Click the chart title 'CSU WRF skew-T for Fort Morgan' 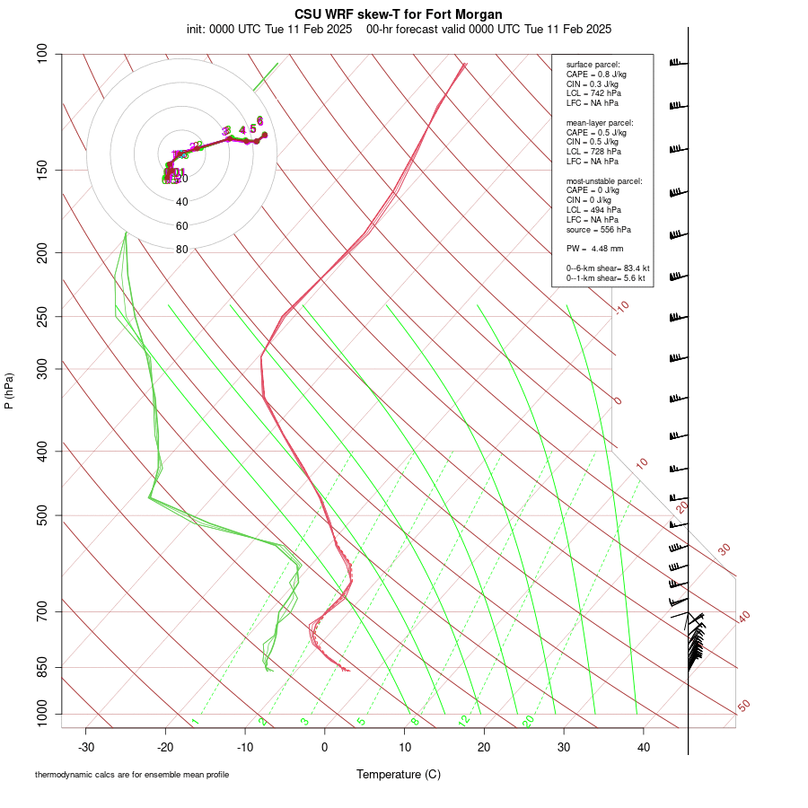pyautogui.click(x=399, y=14)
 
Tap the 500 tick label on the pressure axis pyautogui.click(x=43, y=515)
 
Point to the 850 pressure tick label pyautogui.click(x=43, y=667)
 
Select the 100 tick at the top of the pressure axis pyautogui.click(x=43, y=54)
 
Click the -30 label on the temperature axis pyautogui.click(x=86, y=747)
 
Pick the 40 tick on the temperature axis pyautogui.click(x=644, y=747)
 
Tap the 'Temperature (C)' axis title pyautogui.click(x=399, y=774)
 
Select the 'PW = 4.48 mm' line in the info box pyautogui.click(x=594, y=249)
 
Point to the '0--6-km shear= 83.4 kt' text pyautogui.click(x=608, y=268)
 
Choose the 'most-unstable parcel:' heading pyautogui.click(x=604, y=181)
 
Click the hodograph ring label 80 pyautogui.click(x=182, y=250)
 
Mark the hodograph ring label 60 pyautogui.click(x=182, y=226)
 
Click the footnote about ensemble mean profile pyautogui.click(x=132, y=774)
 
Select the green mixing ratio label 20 pyautogui.click(x=528, y=721)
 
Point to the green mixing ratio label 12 pyautogui.click(x=464, y=721)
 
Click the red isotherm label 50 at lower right pyautogui.click(x=743, y=707)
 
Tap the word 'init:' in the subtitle pyautogui.click(x=198, y=29)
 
